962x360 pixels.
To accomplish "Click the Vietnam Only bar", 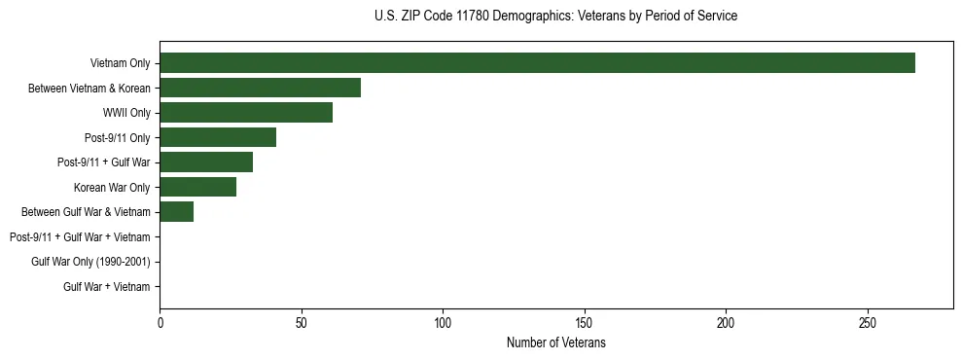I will click(x=537, y=62).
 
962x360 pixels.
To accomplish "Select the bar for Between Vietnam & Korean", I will click(x=260, y=88).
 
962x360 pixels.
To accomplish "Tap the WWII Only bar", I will click(x=246, y=113).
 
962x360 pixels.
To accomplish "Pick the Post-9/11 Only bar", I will click(x=218, y=137).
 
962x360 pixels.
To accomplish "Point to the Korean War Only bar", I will click(x=197, y=187).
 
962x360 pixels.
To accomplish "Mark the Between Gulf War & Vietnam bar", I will click(x=176, y=212).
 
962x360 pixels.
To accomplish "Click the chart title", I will click(x=555, y=17).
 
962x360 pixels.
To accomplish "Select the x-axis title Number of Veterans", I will click(x=555, y=343).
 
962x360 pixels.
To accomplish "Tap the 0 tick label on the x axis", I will click(x=160, y=323).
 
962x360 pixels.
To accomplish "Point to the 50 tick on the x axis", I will click(x=302, y=323).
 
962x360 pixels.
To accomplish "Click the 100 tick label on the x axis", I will click(x=443, y=323).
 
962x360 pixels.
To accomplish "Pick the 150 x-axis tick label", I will click(x=585, y=323).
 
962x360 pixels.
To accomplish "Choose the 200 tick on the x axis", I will click(x=726, y=323).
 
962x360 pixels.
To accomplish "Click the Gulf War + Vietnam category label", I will click(x=107, y=287).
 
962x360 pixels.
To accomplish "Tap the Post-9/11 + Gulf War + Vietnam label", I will click(x=80, y=237).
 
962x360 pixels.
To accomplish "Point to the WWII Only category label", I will click(x=126, y=113).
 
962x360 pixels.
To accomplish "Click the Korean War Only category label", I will click(x=112, y=187).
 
